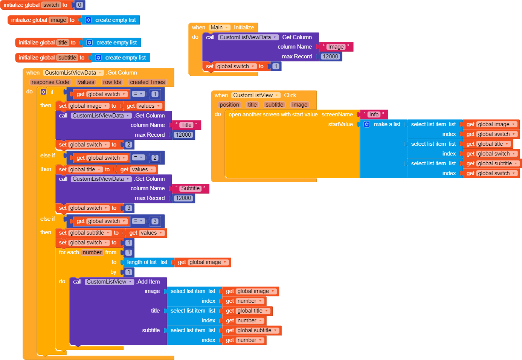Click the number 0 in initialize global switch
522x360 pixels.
coord(79,5)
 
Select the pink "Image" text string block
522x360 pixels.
coord(336,47)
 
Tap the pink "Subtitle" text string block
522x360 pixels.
coord(190,188)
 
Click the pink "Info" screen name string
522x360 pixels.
coord(374,114)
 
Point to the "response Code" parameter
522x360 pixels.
coord(50,82)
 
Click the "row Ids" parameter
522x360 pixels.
coord(112,82)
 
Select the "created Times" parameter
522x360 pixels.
coord(147,82)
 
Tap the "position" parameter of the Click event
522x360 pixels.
coord(229,105)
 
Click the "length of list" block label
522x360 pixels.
coord(142,262)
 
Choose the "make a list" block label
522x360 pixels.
coord(387,124)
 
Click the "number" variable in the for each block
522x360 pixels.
coord(92,252)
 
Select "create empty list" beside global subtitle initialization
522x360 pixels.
coord(125,58)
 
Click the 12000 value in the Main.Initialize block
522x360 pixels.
coord(330,56)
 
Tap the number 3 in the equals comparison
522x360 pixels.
coord(155,221)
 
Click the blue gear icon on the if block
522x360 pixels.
coord(43,92)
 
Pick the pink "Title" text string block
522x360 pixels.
coord(186,125)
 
